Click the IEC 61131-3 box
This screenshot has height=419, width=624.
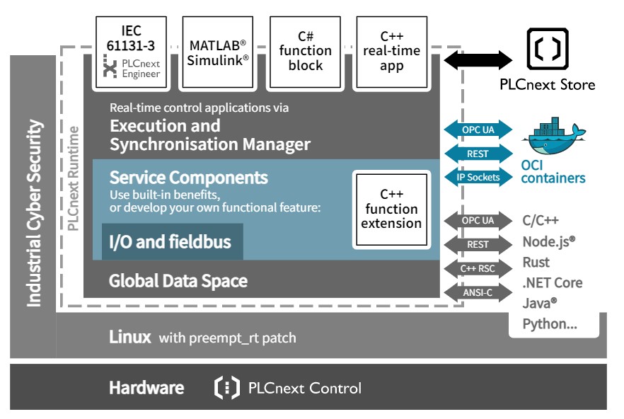[131, 51]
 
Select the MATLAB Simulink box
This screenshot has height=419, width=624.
[218, 51]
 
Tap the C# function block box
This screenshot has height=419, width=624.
[305, 51]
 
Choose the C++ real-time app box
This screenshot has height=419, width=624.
[391, 51]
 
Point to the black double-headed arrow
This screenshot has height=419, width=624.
[478, 59]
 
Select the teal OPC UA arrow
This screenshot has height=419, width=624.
[478, 130]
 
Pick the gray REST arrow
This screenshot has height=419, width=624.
[478, 244]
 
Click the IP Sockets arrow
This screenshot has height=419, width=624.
[478, 177]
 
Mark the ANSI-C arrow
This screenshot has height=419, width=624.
[478, 291]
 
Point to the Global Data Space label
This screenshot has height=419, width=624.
[178, 281]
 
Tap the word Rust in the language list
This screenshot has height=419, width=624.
[536, 263]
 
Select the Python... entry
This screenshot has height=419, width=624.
[549, 324]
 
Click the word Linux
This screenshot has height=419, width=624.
[130, 337]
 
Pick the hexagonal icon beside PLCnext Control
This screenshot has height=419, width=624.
[226, 388]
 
